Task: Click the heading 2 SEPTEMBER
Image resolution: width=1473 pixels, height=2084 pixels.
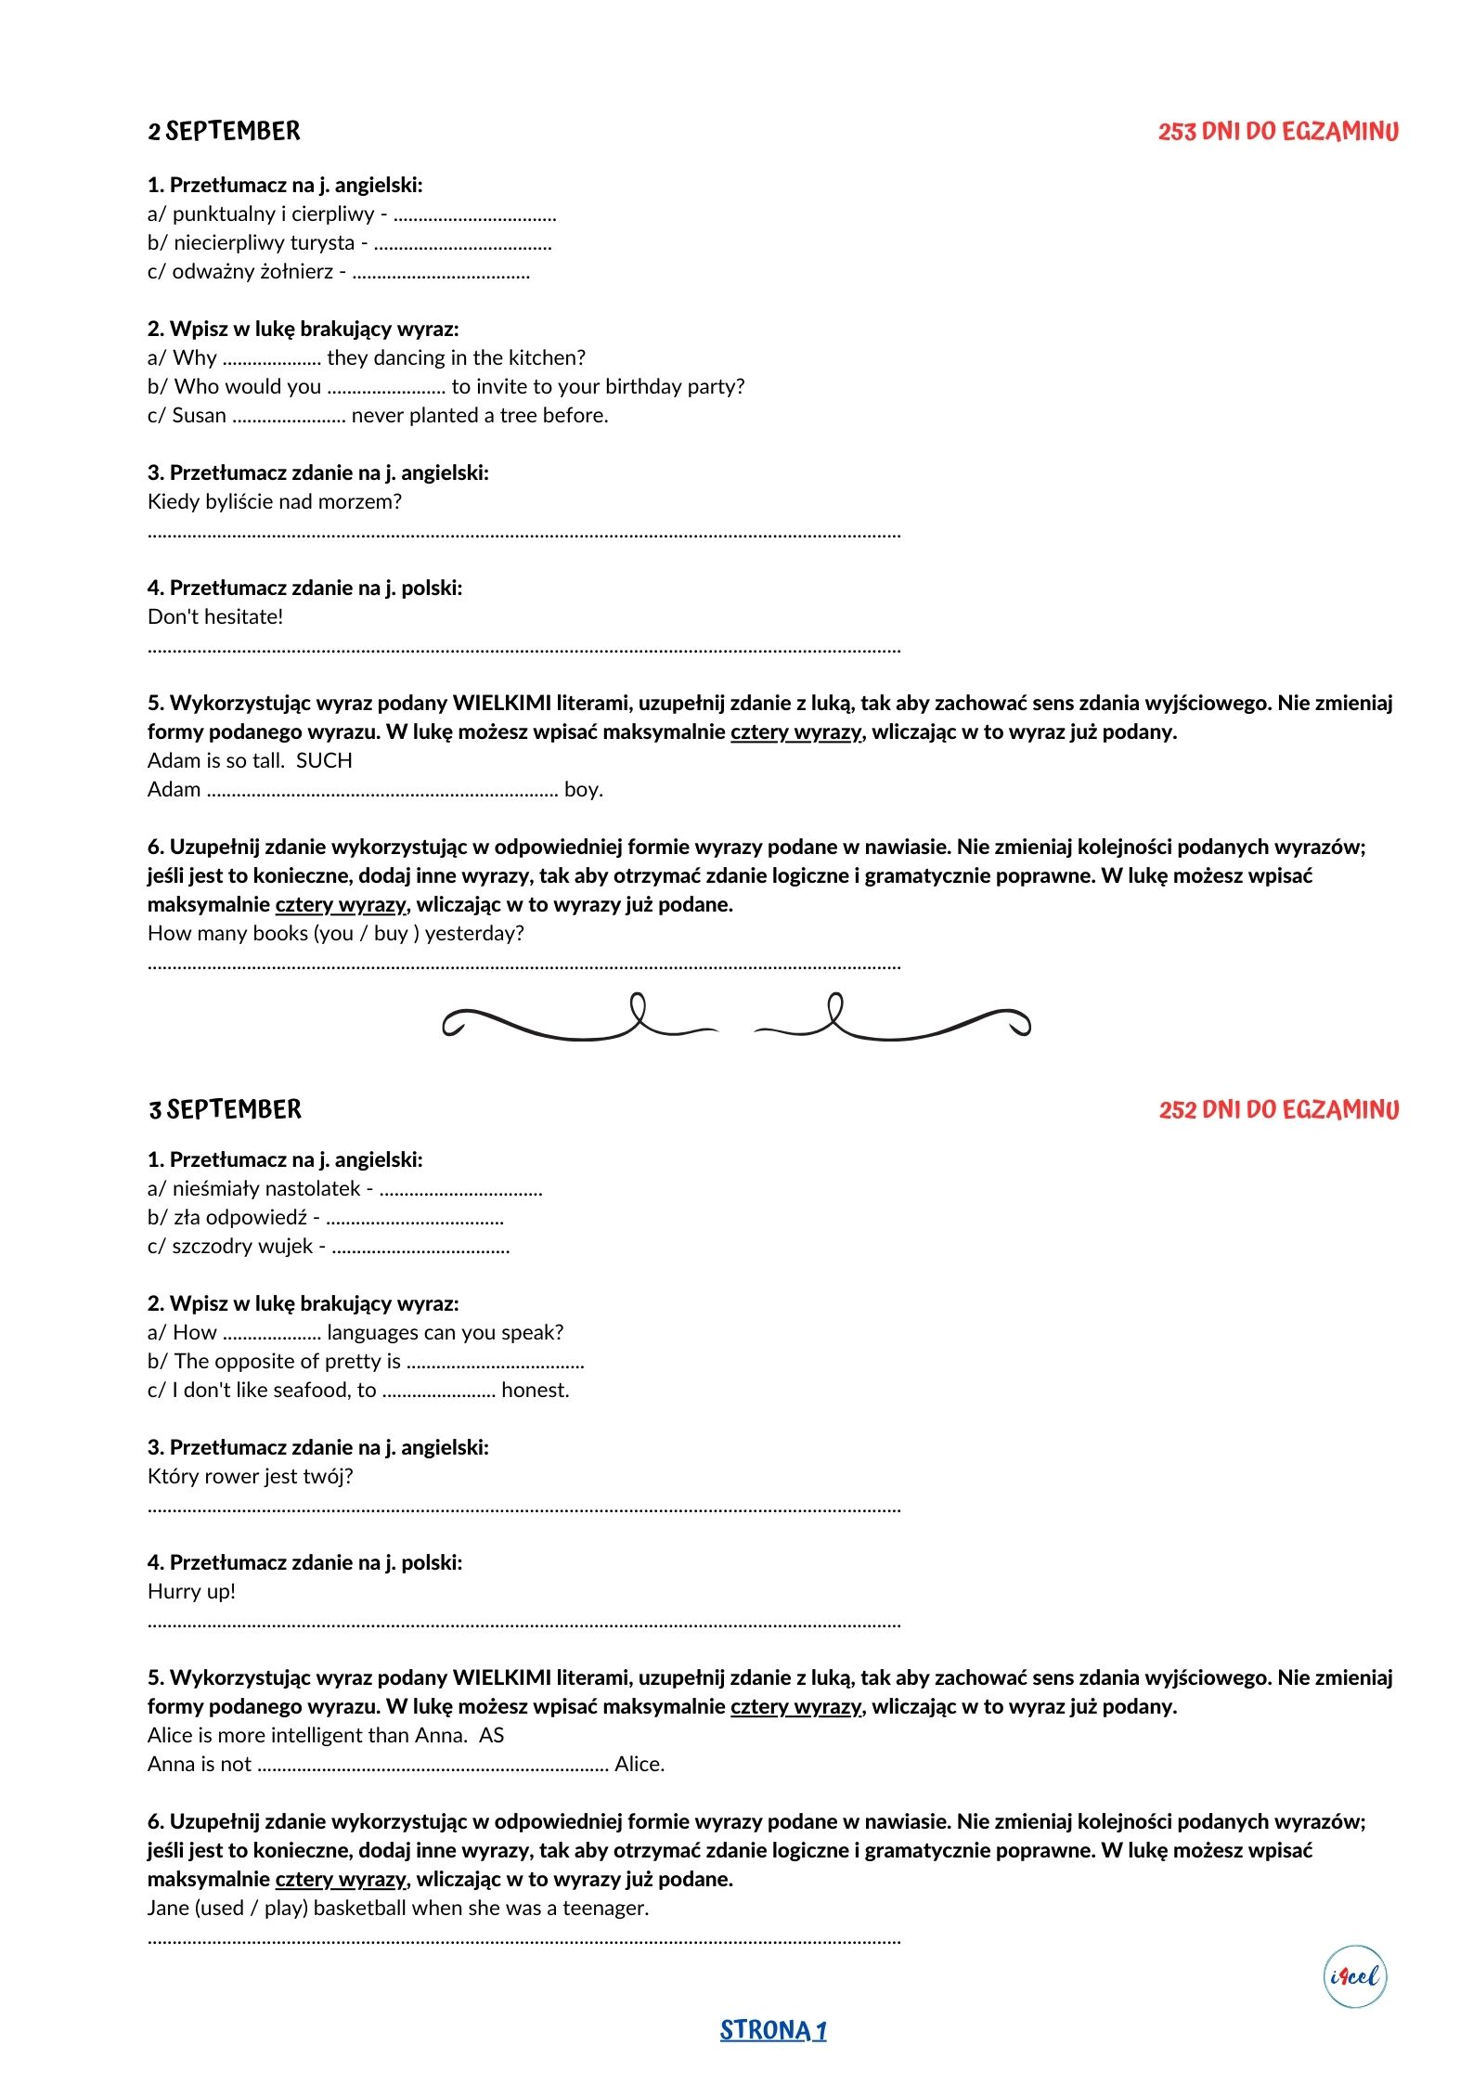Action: [x=224, y=132]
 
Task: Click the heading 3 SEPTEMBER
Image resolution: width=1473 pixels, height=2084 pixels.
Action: [x=225, y=1109]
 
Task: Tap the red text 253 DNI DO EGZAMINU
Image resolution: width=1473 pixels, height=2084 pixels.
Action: [x=1277, y=132]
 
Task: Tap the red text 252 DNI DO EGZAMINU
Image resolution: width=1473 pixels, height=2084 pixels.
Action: [x=1278, y=1109]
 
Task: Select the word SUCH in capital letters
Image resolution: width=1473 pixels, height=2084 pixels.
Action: [x=324, y=760]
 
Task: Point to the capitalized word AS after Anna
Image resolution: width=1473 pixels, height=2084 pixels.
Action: [x=491, y=1735]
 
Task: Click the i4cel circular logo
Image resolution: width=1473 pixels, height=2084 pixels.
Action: [x=1354, y=1976]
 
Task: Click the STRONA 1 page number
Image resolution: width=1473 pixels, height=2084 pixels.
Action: [x=772, y=2030]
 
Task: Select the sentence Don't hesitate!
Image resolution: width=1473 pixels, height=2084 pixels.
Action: [x=215, y=616]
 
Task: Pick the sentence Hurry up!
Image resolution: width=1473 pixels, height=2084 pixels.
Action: [x=191, y=1591]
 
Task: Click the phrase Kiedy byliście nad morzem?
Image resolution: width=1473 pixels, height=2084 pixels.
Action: [x=275, y=501]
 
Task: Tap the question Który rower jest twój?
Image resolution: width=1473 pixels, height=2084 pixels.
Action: [x=251, y=1476]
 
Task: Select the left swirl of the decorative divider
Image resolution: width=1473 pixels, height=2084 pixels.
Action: [x=580, y=1021]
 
